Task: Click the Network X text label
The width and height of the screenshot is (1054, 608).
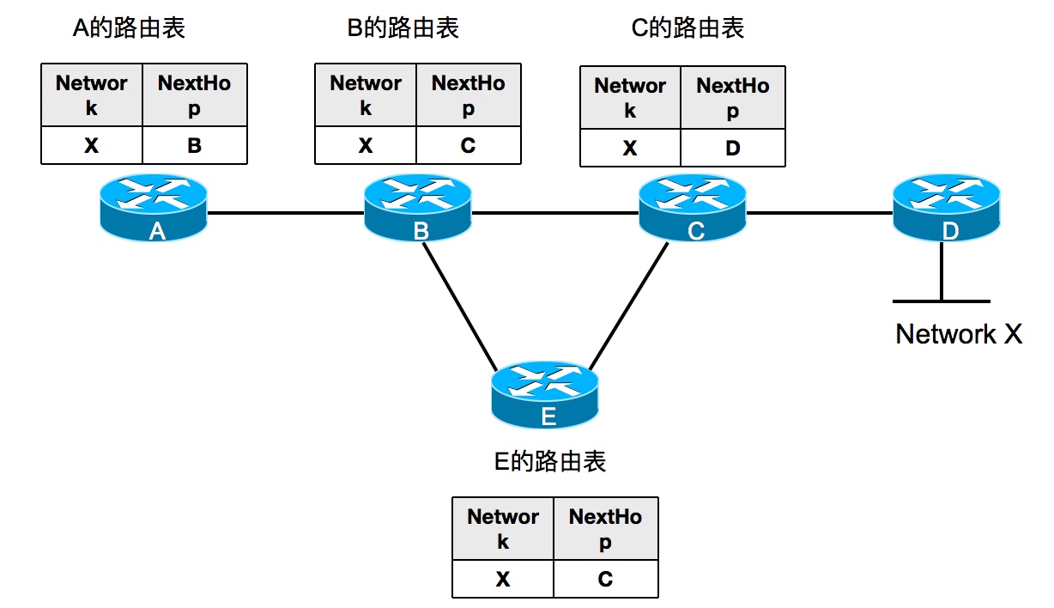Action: pos(959,334)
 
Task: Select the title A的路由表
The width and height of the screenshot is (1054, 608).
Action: pos(129,28)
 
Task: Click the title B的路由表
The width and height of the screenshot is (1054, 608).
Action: pos(403,28)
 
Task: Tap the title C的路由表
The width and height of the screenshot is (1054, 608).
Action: pos(688,28)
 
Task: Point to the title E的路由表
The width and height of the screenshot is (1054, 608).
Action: pos(550,462)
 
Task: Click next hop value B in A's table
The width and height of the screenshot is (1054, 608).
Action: pos(195,146)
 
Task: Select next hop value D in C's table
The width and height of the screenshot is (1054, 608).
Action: pos(732,149)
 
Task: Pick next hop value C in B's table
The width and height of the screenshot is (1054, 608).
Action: pos(468,146)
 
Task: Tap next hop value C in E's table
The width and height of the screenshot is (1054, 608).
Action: pos(605,580)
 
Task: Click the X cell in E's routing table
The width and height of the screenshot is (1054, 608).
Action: pos(503,580)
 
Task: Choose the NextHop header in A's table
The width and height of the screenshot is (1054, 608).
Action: pos(195,95)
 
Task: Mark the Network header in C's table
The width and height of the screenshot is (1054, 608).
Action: pos(630,98)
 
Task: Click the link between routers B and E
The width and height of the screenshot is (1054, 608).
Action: pos(461,305)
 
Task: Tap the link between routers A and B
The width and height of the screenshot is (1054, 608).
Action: pos(286,213)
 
